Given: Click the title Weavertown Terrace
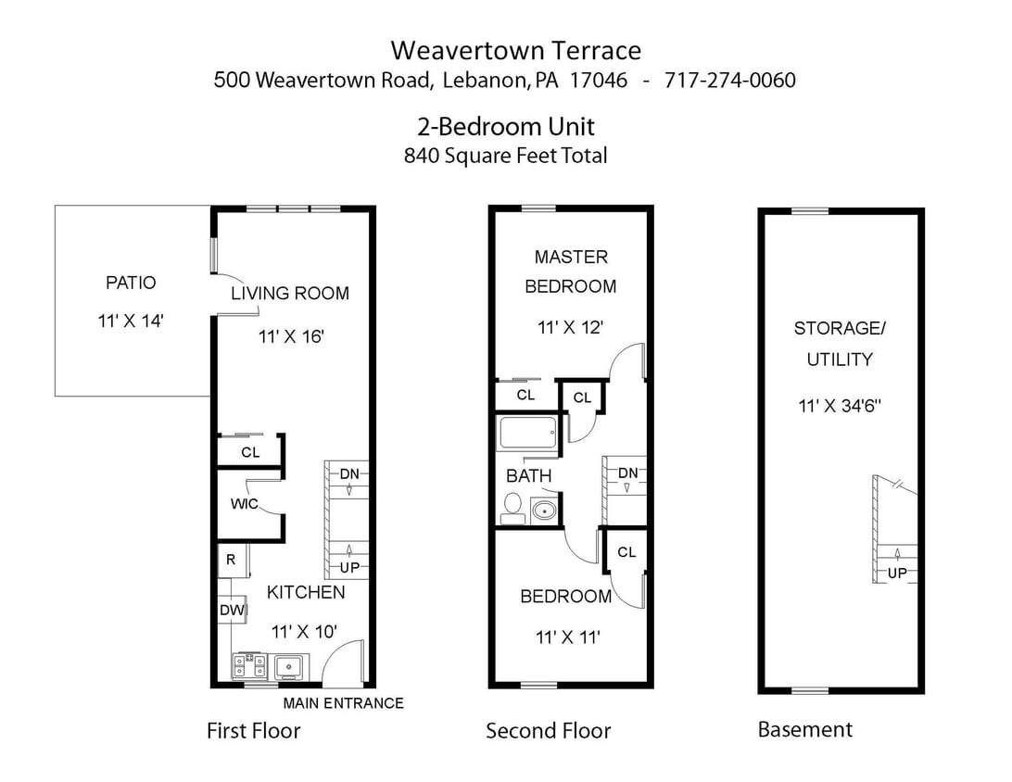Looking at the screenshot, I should click(515, 49).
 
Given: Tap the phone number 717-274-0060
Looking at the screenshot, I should click(729, 80).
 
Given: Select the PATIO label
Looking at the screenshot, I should click(131, 283).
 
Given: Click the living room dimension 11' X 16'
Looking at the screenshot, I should click(290, 336).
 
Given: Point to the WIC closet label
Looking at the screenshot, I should click(244, 504).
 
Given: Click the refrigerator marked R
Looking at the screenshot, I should click(230, 560).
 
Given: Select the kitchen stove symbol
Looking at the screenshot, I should click(249, 665).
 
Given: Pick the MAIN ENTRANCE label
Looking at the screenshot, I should click(343, 703).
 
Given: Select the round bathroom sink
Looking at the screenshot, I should click(544, 510).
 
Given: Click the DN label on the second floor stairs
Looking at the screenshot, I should click(628, 473).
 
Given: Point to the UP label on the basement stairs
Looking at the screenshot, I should click(897, 574).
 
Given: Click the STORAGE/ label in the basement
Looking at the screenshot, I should click(839, 328).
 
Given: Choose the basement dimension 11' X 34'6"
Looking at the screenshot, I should click(839, 405).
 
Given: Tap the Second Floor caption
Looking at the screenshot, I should click(548, 731).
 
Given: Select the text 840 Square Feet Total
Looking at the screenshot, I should click(505, 156).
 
